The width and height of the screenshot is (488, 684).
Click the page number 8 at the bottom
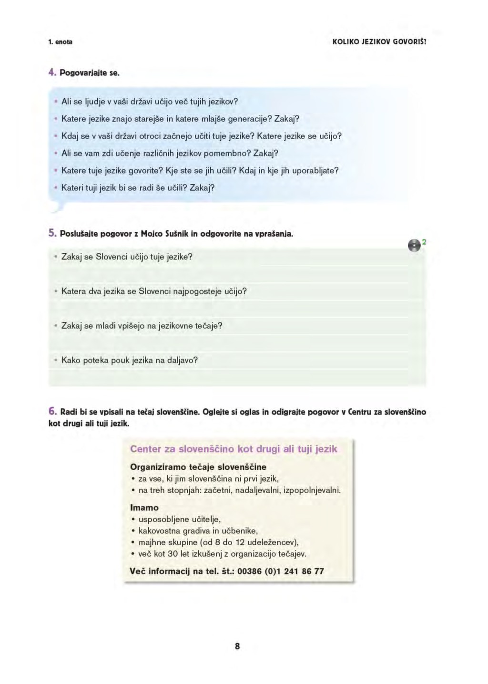[237, 646]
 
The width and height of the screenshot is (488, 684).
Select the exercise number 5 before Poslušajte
[52, 234]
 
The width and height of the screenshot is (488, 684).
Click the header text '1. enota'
[61, 42]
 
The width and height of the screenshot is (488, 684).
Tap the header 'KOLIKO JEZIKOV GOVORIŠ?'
[379, 42]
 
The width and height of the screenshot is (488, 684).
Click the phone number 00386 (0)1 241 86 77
[281, 571]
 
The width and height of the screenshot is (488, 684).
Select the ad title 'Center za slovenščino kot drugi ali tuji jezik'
[234, 449]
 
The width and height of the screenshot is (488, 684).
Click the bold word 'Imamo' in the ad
[144, 508]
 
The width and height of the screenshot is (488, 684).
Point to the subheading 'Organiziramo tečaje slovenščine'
[198, 467]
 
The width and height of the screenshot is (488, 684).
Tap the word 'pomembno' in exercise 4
[227, 153]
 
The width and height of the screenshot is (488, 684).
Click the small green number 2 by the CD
[424, 242]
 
